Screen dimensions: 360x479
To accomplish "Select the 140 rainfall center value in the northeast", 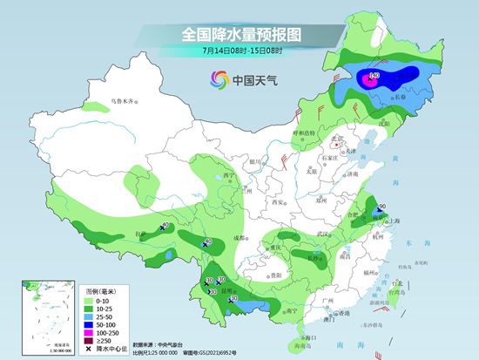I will [374, 77].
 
